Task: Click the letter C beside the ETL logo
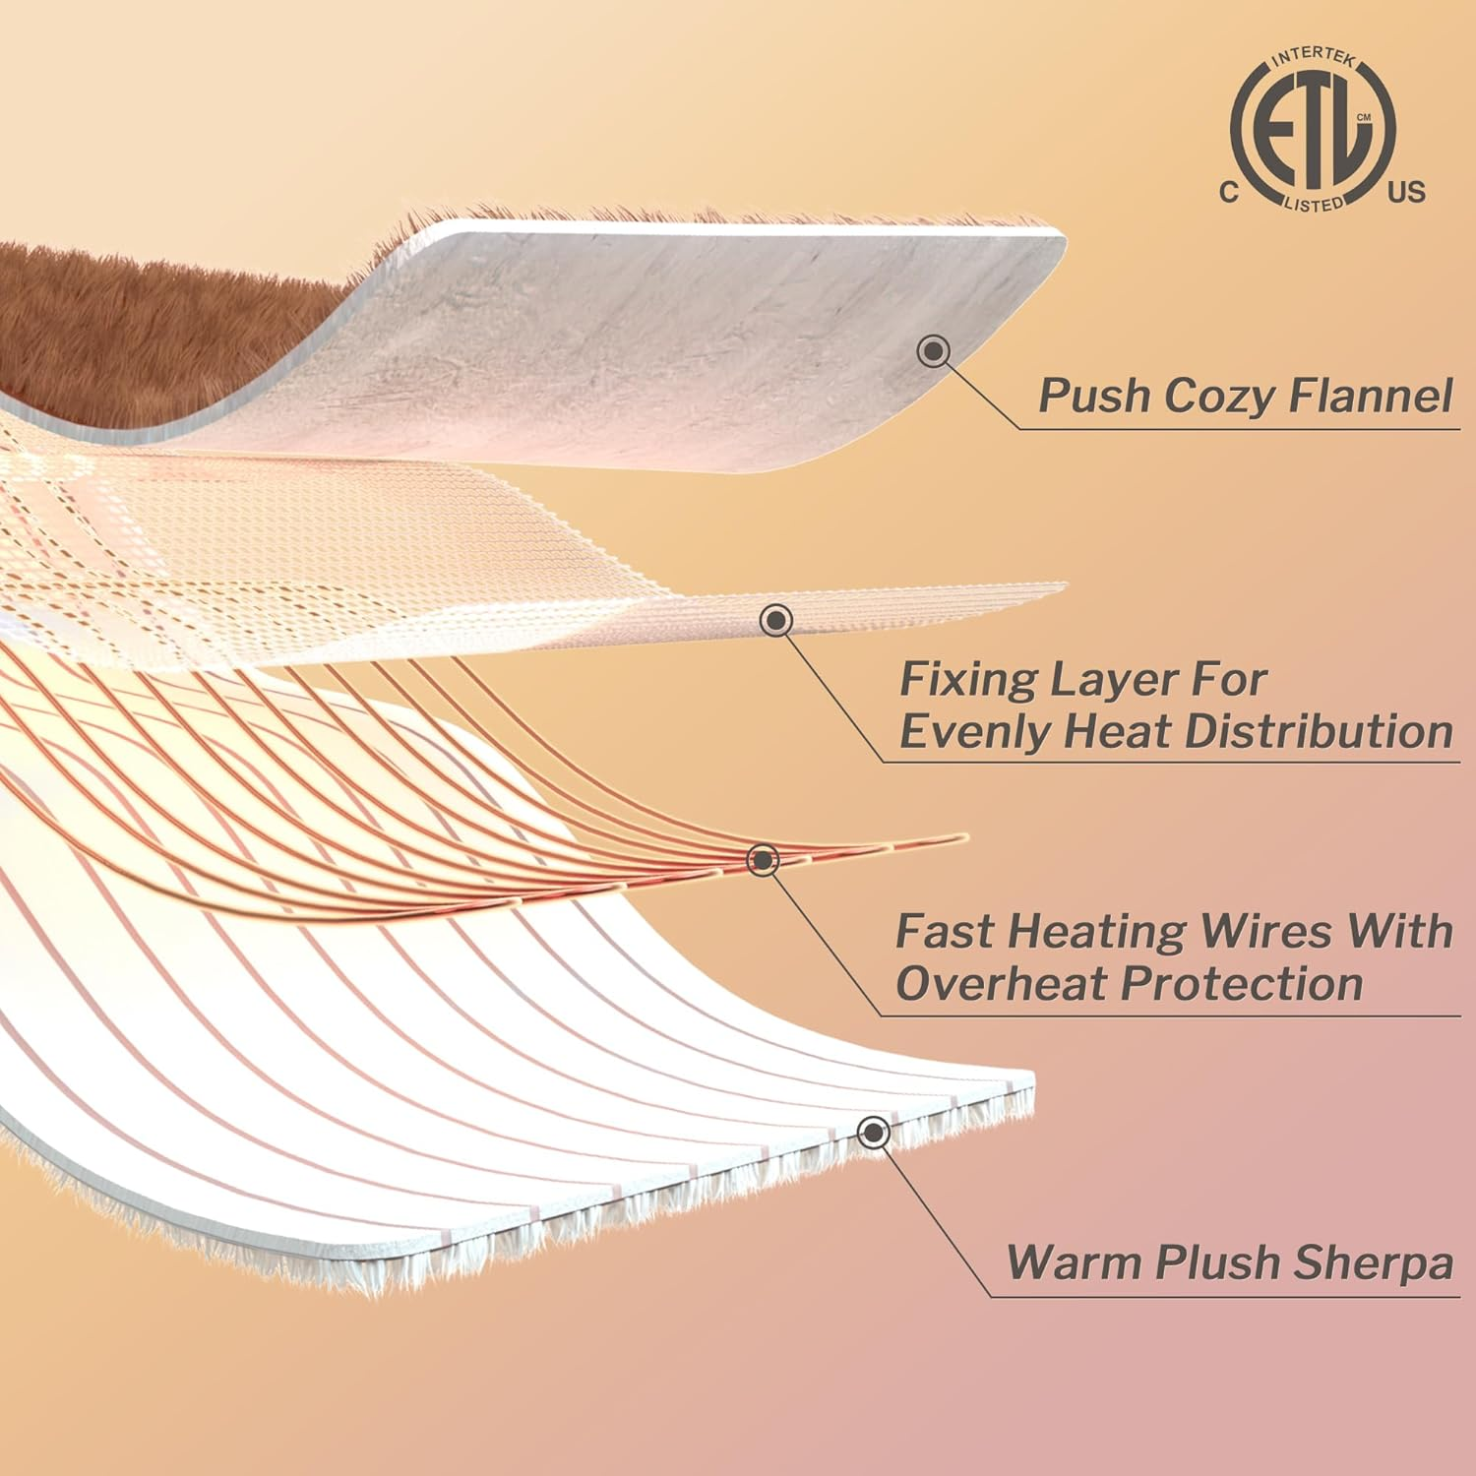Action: click(x=1229, y=193)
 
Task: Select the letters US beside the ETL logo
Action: click(x=1406, y=193)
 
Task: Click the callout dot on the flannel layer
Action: click(x=933, y=350)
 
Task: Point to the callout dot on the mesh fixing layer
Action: click(x=777, y=620)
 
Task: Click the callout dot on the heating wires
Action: click(x=763, y=860)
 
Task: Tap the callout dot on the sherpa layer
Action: click(x=873, y=1133)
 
